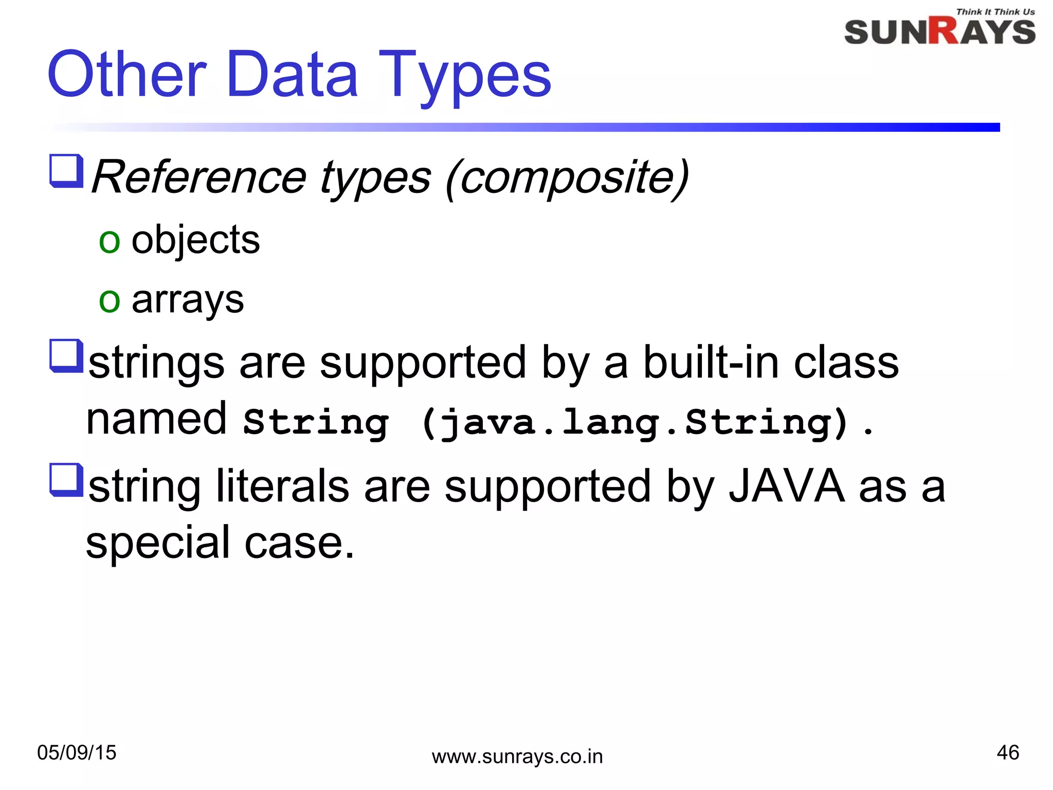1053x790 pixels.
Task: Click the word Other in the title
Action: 127,75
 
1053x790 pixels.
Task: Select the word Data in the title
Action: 292,75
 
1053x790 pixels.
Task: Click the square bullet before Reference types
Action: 66,171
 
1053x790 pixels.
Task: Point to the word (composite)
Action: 567,177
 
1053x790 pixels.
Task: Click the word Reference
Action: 199,177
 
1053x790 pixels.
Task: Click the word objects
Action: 195,241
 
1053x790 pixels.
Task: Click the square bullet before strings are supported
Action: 66,355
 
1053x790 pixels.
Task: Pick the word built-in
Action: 712,363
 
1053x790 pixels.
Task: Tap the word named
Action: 156,419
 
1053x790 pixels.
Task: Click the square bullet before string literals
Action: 66,480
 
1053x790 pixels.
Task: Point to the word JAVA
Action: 787,487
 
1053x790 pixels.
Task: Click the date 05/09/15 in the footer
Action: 77,752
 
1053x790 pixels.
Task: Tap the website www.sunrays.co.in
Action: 517,757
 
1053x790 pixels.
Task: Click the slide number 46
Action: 1007,752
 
